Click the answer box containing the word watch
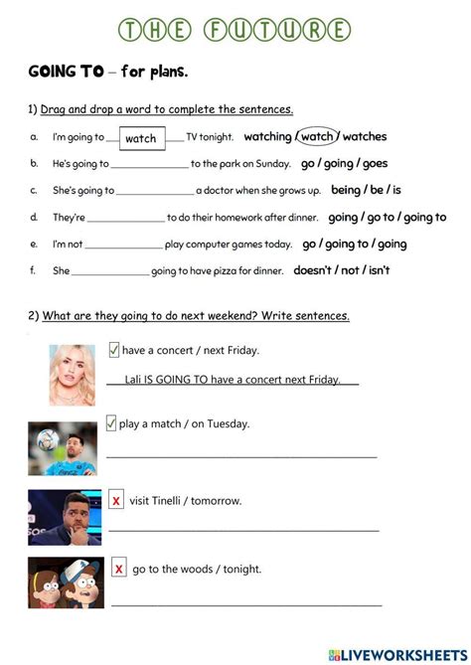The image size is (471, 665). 141,138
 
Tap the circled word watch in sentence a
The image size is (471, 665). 317,136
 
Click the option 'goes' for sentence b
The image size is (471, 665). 375,163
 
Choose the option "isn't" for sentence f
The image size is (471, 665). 374,269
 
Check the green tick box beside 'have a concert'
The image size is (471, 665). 113,349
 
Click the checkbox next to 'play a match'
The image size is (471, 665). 110,423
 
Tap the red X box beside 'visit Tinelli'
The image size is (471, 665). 116,500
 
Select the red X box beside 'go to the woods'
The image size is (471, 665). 119,569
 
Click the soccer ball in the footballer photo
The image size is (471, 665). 46,437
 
